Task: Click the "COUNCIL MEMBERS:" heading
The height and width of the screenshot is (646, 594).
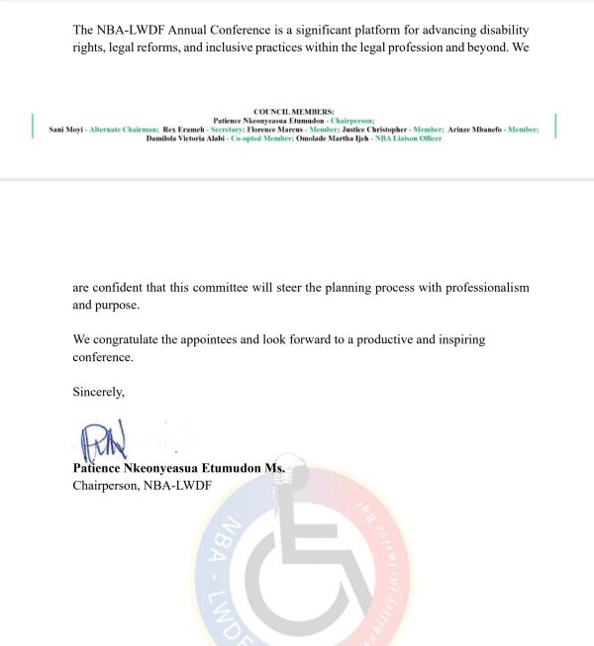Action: [x=294, y=112]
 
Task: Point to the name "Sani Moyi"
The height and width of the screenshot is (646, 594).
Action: [x=65, y=130]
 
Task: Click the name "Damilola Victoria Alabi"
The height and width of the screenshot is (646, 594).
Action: [x=193, y=138]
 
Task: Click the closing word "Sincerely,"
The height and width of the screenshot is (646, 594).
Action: [x=99, y=392]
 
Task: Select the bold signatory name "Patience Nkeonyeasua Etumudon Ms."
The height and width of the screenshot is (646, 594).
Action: [x=179, y=467]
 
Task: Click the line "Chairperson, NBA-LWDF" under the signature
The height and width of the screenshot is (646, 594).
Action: [x=143, y=485]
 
